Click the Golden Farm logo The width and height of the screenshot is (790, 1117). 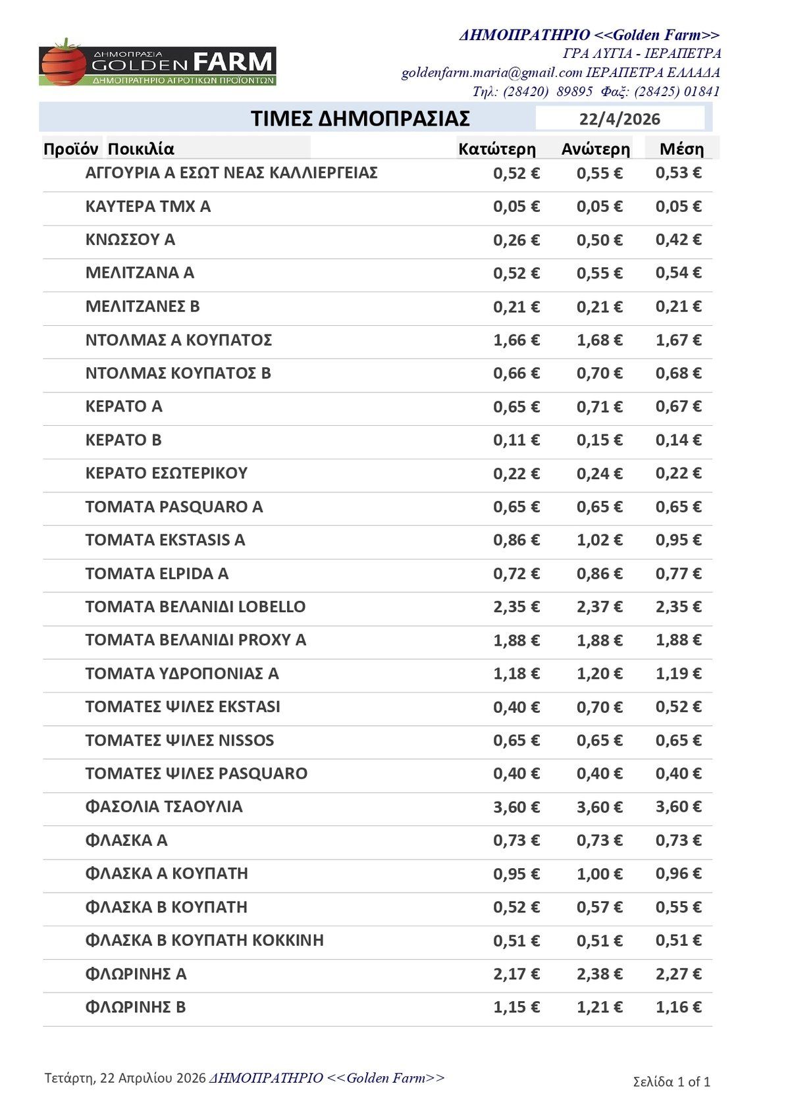(x=157, y=66)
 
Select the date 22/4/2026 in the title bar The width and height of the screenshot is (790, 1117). (x=619, y=119)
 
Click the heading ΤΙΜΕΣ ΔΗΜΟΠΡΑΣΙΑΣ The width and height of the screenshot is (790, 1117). (x=360, y=118)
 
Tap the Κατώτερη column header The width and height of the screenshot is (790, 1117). (x=497, y=149)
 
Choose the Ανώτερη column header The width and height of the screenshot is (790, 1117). (x=595, y=149)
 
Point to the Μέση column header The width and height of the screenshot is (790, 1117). (x=681, y=149)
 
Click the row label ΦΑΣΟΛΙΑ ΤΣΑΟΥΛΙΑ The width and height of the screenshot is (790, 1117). (x=164, y=806)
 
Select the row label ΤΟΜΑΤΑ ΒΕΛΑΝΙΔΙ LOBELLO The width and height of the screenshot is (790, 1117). (x=196, y=606)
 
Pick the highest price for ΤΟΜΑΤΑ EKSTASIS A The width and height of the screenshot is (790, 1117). (x=599, y=540)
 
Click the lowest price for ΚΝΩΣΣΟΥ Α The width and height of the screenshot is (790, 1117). (x=516, y=240)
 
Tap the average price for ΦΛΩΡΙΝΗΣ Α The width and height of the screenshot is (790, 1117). (x=678, y=974)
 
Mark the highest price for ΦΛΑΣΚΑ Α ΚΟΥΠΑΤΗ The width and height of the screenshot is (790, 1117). (x=599, y=873)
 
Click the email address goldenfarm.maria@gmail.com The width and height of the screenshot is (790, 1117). (x=492, y=72)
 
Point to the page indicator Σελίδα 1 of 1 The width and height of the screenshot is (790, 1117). (x=671, y=1081)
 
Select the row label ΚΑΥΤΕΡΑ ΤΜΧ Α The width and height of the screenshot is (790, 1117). (x=148, y=206)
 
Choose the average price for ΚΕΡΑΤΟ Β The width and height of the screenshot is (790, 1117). (x=678, y=440)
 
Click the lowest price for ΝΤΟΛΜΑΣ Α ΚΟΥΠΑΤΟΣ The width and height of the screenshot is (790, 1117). (x=516, y=340)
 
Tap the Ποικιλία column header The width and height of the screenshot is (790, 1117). (x=141, y=149)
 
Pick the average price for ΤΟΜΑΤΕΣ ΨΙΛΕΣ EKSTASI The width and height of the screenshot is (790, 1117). (x=678, y=706)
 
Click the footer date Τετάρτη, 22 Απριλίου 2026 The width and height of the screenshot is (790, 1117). (x=125, y=1078)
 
